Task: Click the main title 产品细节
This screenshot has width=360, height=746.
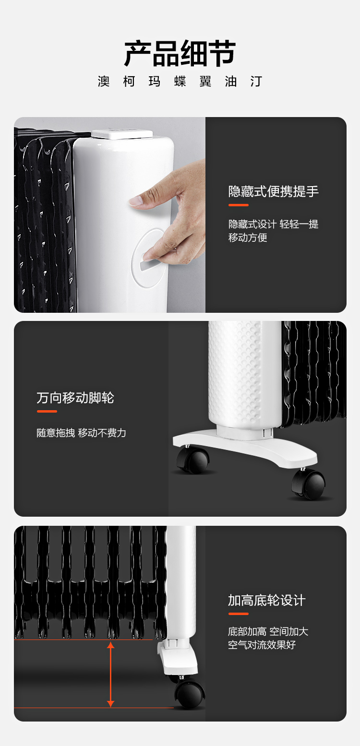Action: [180, 53]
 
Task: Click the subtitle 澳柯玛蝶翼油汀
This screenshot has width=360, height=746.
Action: [180, 82]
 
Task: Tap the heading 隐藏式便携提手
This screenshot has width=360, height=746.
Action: [273, 191]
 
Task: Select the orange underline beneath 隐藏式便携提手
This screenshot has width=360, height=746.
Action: [238, 205]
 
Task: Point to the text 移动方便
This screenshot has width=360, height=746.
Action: [248, 237]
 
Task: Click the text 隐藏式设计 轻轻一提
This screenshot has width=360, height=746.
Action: [273, 224]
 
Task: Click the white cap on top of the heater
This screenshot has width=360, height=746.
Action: [122, 134]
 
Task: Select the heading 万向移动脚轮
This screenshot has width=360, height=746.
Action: [75, 398]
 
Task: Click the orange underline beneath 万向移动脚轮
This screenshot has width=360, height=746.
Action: [47, 411]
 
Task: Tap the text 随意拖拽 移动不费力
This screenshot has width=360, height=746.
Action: [81, 433]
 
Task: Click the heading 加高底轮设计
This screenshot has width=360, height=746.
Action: [266, 600]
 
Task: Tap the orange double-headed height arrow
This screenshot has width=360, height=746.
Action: [110, 674]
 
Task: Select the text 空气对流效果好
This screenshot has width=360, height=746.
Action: [262, 645]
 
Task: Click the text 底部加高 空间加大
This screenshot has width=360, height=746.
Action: [268, 631]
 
